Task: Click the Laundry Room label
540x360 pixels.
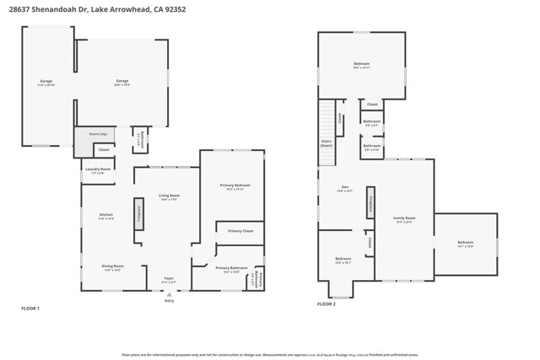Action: point(98,170)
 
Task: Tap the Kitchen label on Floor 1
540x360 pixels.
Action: point(106,216)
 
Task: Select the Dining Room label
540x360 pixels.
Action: point(112,267)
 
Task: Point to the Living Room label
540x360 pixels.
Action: point(169,196)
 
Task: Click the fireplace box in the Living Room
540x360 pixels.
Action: point(138,213)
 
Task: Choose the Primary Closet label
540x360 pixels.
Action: point(240,230)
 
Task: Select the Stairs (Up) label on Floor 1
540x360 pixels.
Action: point(97,134)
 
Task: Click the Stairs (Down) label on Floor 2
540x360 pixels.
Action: point(326,142)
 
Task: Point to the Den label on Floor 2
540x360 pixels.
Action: point(344,188)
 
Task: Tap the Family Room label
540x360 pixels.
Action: point(404,219)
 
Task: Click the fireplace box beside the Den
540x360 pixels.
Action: point(370,202)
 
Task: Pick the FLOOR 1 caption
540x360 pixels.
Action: point(30,309)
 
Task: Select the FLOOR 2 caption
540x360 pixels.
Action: point(327,304)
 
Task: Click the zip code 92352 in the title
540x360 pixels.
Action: point(175,9)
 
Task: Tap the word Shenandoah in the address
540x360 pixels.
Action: point(62,9)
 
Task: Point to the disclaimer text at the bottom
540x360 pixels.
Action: point(270,355)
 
